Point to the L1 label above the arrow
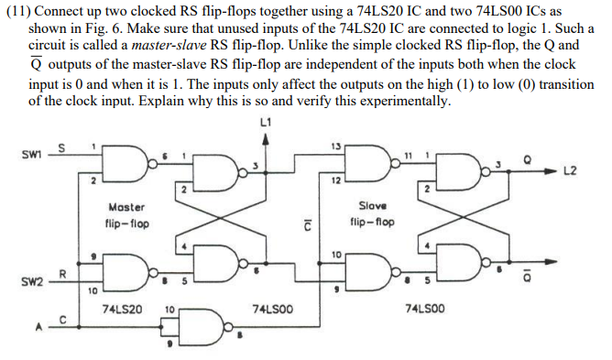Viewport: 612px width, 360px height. tap(266, 121)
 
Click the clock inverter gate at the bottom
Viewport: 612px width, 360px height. tap(204, 322)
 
